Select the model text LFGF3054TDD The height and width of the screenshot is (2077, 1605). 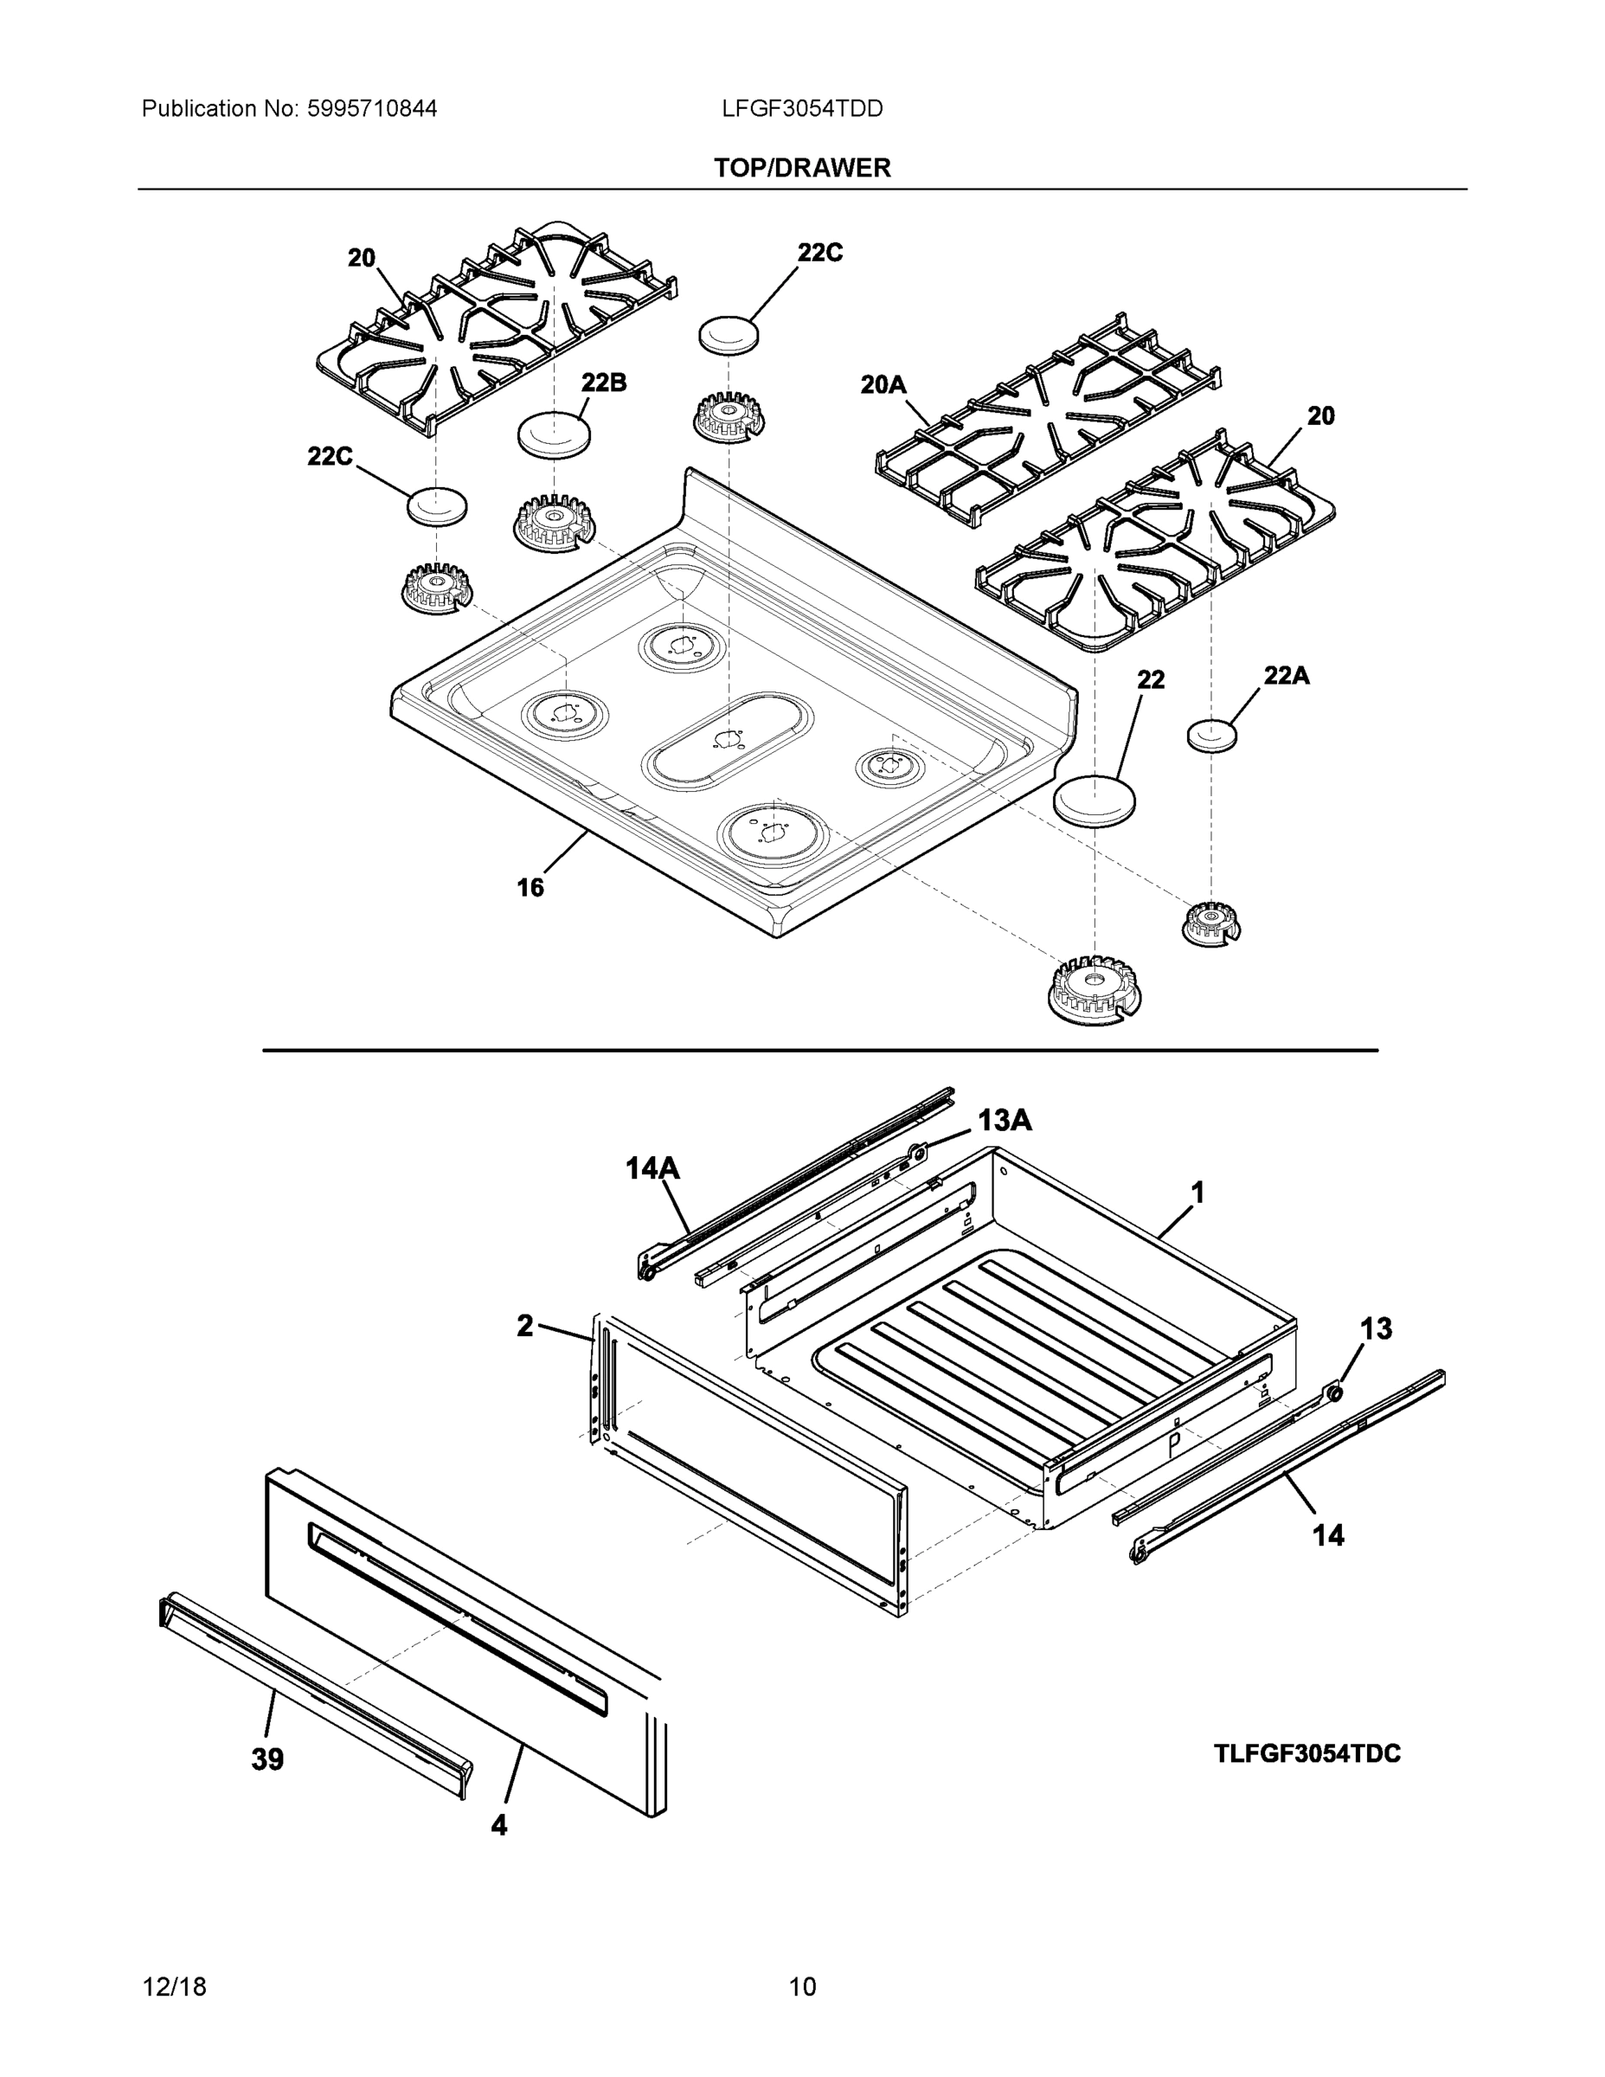coord(801,109)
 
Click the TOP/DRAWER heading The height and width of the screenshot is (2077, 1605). coord(801,169)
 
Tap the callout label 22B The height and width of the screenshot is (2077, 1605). coord(604,383)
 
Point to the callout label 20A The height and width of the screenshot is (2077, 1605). coord(883,385)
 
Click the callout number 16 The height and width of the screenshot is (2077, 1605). coord(530,887)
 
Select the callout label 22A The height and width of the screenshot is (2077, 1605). coord(1286,675)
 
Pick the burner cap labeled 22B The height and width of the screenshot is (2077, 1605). coord(554,435)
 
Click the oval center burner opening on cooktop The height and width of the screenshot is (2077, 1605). coord(729,740)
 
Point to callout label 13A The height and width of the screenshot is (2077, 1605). coord(1005,1122)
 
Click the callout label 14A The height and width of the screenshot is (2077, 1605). coord(652,1167)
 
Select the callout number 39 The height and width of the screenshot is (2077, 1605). coord(267,1759)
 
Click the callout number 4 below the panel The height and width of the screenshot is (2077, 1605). coord(498,1825)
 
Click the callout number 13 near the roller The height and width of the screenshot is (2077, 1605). coord(1376,1328)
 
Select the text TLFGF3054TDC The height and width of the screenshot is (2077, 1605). coord(1306,1753)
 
